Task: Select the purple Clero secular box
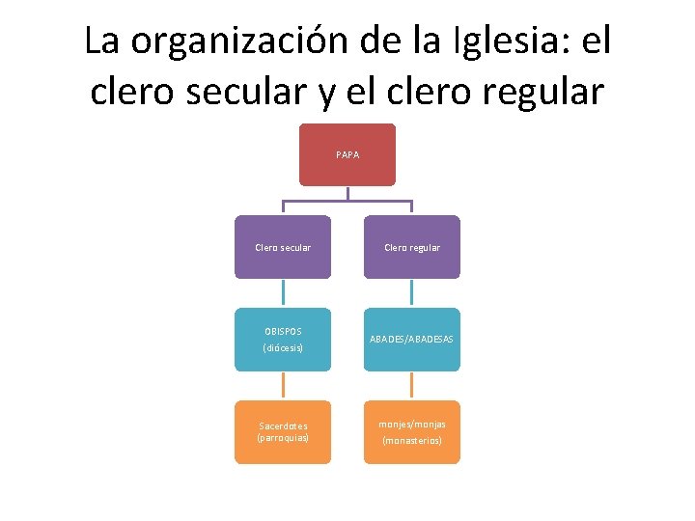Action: coord(283,247)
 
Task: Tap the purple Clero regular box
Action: coord(412,247)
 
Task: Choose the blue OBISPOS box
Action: coord(283,339)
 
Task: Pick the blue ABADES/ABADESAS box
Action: coord(412,339)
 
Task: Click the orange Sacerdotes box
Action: coord(283,431)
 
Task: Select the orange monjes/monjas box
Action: coord(412,431)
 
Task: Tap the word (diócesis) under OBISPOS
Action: coord(283,347)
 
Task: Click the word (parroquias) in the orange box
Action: coord(283,437)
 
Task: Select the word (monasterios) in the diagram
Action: coord(412,440)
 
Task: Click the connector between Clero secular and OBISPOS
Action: coord(283,293)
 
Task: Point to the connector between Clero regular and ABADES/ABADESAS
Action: coord(412,293)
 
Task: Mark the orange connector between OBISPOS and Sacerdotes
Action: coord(283,385)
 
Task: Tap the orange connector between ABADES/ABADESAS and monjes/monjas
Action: coord(412,385)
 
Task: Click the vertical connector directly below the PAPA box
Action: coord(347,193)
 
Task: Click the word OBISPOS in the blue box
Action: coord(283,331)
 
